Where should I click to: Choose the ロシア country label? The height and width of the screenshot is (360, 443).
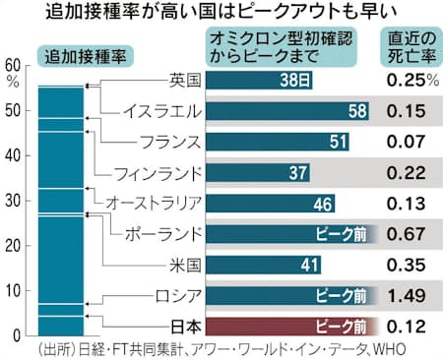tap(183, 294)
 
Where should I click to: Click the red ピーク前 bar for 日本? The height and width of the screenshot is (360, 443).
tap(299, 324)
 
